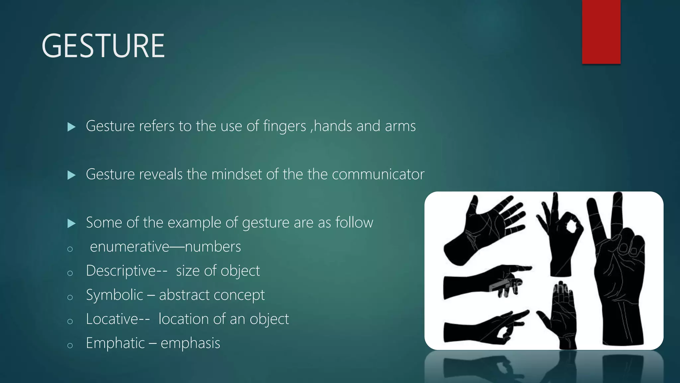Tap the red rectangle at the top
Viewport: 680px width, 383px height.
pyautogui.click(x=601, y=32)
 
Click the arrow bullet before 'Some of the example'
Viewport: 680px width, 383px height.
pyautogui.click(x=71, y=223)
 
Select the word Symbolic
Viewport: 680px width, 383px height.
pyautogui.click(x=114, y=295)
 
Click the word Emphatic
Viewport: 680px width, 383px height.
pyautogui.click(x=115, y=343)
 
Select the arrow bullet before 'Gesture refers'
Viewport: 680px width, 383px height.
pyautogui.click(x=71, y=127)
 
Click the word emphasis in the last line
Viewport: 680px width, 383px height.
pyautogui.click(x=190, y=343)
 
